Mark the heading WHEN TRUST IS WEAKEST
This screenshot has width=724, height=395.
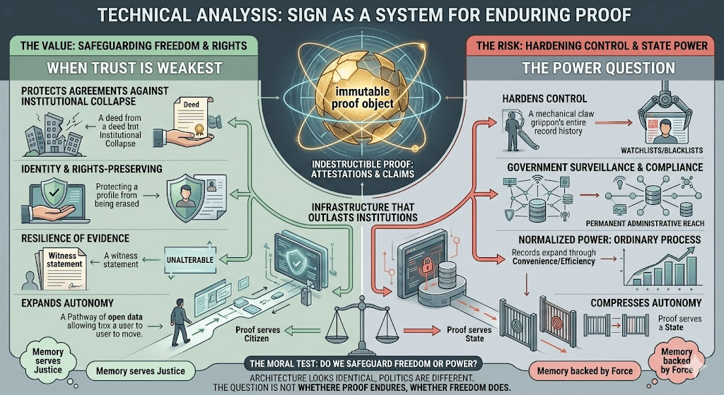[x=127, y=70]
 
